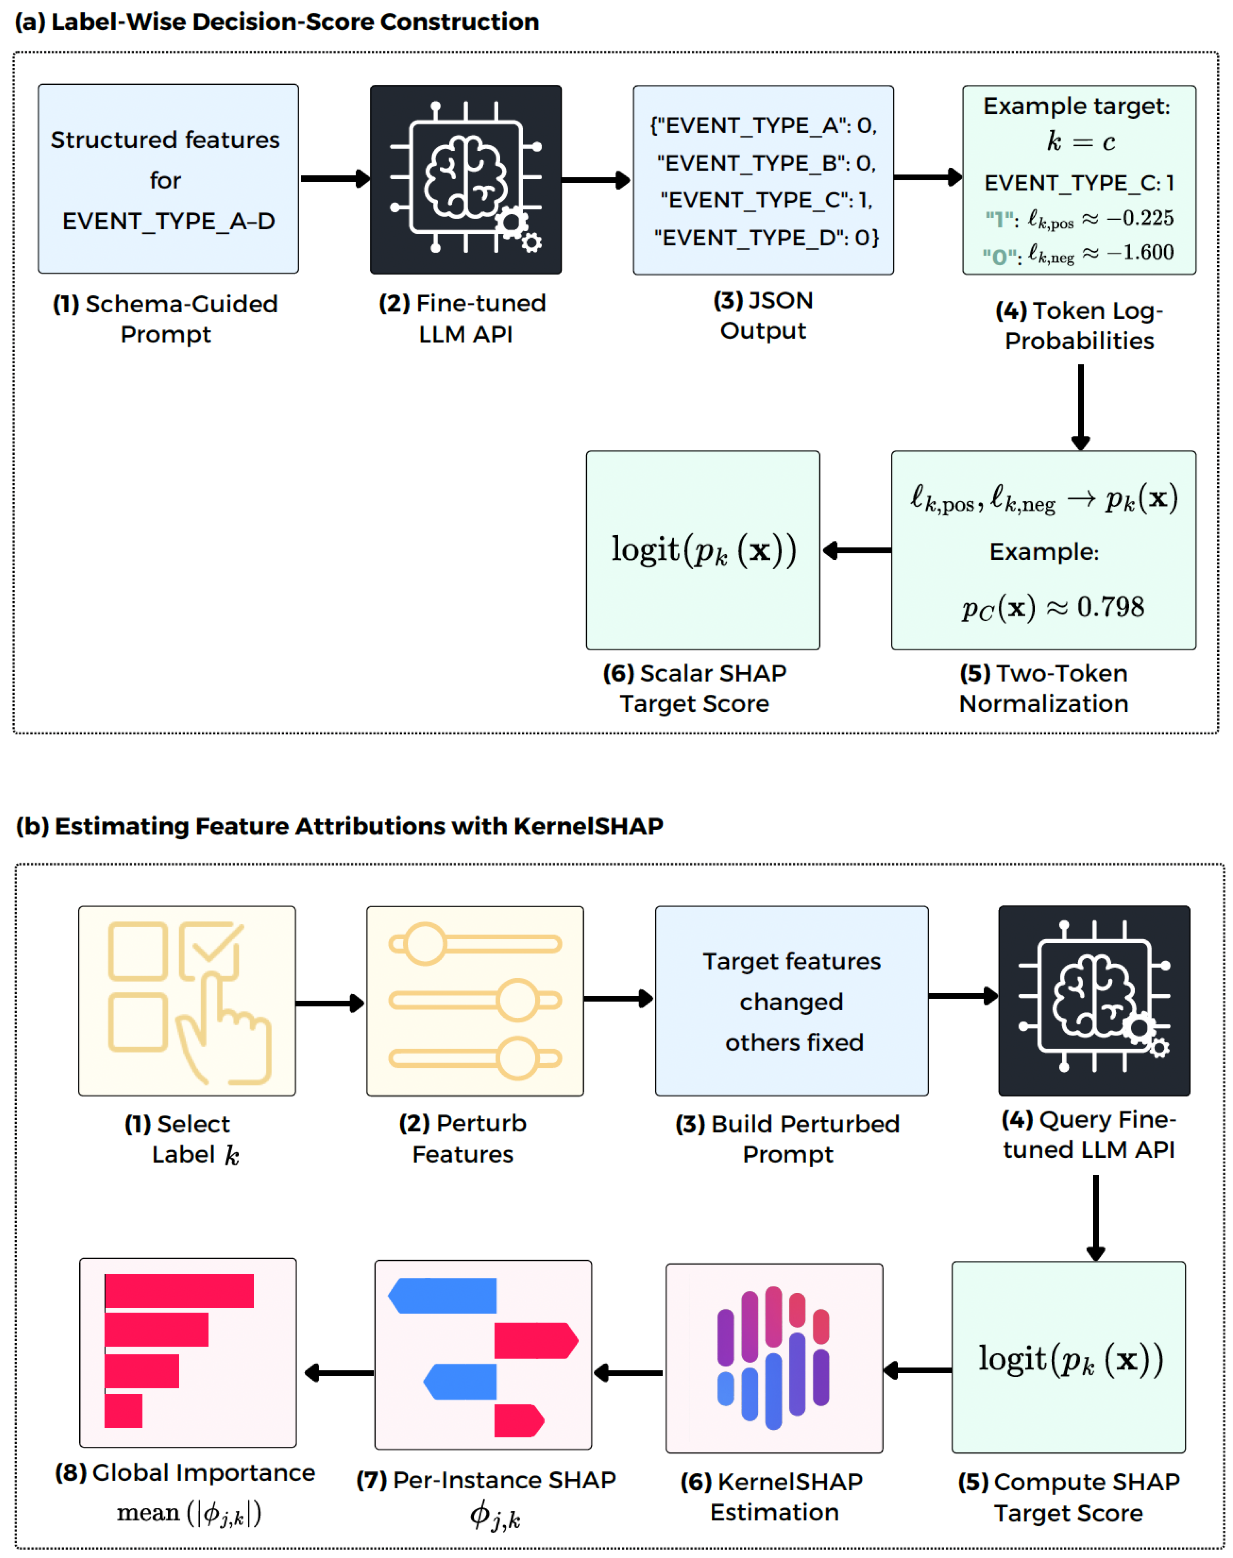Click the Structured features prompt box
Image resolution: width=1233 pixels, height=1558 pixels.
(168, 179)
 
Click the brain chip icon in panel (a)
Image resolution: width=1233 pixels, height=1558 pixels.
(465, 179)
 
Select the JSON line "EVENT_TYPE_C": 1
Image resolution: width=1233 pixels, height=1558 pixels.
(766, 200)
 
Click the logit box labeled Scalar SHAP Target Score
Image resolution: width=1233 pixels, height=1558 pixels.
(703, 550)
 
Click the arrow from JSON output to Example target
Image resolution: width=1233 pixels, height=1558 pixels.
(928, 177)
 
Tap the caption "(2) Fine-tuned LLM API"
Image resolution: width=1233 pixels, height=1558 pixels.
(463, 318)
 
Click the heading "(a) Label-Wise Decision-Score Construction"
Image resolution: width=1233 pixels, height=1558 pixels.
(277, 22)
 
